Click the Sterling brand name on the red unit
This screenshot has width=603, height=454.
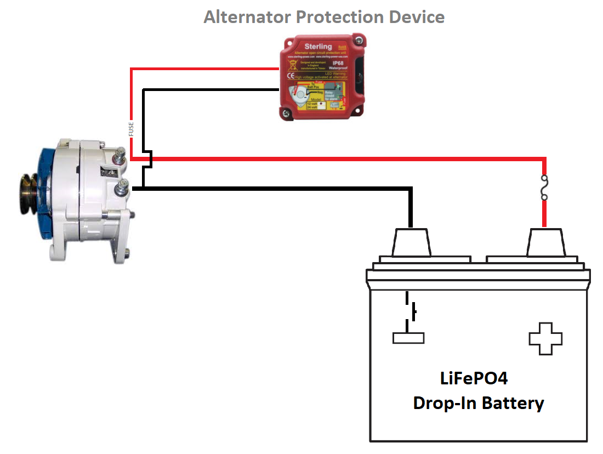click(317, 47)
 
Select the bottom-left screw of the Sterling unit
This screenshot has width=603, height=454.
click(286, 113)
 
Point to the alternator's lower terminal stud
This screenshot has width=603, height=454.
click(121, 190)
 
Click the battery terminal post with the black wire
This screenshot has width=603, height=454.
click(411, 242)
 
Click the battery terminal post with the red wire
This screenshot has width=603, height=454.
click(545, 242)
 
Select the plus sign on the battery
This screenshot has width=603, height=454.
click(545, 338)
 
